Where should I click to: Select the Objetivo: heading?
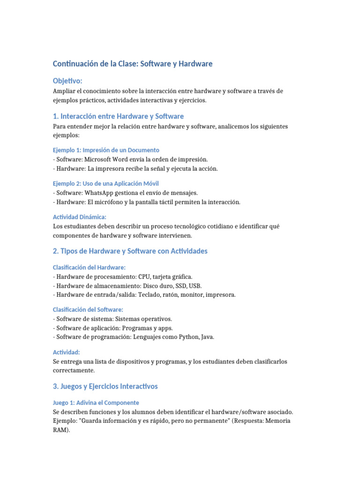point(67,81)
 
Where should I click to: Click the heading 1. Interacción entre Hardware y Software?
point(118,116)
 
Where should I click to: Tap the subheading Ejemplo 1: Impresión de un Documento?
point(106,150)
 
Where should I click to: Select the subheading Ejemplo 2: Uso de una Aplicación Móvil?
point(109,183)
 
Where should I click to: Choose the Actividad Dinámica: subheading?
point(80,217)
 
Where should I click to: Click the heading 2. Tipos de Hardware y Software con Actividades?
point(130,251)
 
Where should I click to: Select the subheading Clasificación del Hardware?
point(89,267)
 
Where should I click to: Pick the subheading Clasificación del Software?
point(88,309)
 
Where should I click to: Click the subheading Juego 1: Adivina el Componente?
point(96,403)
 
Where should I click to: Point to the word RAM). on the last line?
point(61,430)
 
